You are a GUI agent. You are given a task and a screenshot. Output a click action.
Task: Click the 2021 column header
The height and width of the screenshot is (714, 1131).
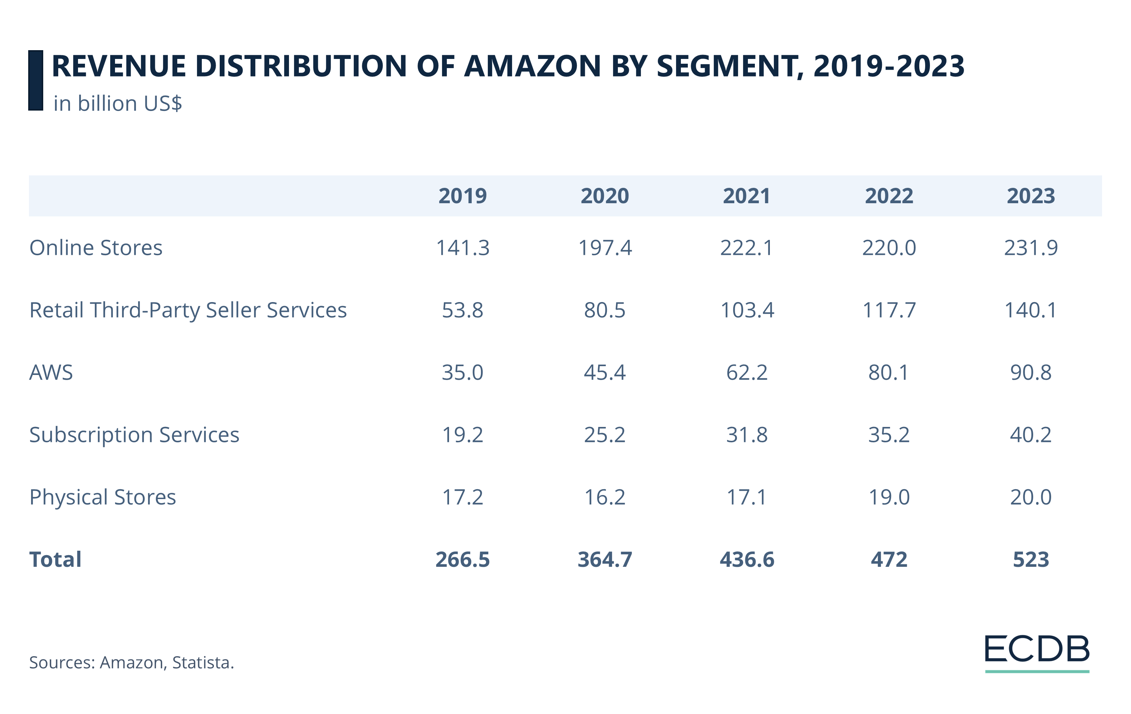[746, 196]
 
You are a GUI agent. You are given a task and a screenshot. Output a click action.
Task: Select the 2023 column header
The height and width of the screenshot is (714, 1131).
[1031, 196]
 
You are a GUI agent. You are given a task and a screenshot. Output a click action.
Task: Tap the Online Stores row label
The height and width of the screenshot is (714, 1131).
[96, 248]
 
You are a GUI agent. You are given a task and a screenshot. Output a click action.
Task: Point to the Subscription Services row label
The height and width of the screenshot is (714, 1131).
[134, 435]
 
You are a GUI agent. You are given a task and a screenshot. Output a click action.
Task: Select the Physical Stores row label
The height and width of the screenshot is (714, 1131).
[103, 497]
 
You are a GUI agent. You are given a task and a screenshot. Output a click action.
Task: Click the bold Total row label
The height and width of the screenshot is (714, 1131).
[55, 559]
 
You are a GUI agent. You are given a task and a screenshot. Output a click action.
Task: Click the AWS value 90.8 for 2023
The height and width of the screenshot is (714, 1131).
[1031, 373]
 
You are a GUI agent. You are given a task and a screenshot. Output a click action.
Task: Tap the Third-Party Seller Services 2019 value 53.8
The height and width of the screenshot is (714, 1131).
[462, 310]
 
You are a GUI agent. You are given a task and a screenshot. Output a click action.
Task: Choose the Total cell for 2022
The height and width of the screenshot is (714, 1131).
[889, 559]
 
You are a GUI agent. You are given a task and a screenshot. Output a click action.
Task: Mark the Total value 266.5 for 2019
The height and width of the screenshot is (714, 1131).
[462, 559]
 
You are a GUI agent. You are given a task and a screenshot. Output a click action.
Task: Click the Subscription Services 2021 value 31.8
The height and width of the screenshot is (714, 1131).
[746, 435]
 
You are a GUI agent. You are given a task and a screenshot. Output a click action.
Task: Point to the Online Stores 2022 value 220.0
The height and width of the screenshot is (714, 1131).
[889, 248]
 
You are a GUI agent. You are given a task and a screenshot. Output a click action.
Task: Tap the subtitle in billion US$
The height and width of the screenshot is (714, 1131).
[118, 104]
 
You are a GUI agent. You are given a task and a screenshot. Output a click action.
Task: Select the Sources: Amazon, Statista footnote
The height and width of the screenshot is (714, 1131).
[131, 663]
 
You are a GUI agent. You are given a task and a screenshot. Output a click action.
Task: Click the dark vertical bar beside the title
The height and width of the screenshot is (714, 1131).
[36, 80]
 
